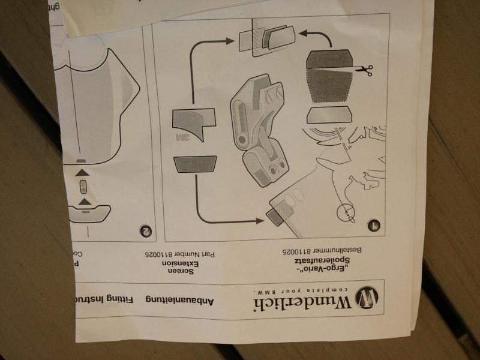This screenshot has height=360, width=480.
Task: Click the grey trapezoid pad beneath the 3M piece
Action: click(x=195, y=164)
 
